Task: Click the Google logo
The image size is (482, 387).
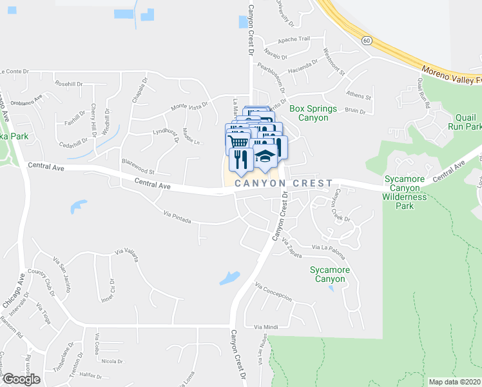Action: tap(21, 379)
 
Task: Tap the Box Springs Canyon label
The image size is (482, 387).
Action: tap(309, 113)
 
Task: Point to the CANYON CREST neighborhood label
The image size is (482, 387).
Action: tap(284, 184)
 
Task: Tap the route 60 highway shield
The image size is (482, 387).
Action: tap(366, 40)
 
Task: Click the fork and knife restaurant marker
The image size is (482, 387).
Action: tap(241, 159)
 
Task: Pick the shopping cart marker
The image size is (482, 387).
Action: tap(238, 140)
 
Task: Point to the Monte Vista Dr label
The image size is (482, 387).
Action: tap(189, 105)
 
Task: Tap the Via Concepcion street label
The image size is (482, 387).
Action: tap(273, 292)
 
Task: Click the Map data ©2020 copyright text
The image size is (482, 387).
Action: tap(454, 382)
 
